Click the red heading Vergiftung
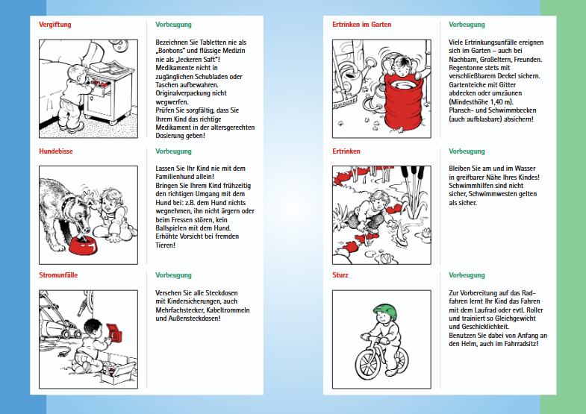coord(55,25)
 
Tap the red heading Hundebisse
coord(56,151)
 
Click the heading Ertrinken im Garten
coord(361,25)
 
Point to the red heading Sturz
coord(340,275)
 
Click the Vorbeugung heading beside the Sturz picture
coord(467,275)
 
